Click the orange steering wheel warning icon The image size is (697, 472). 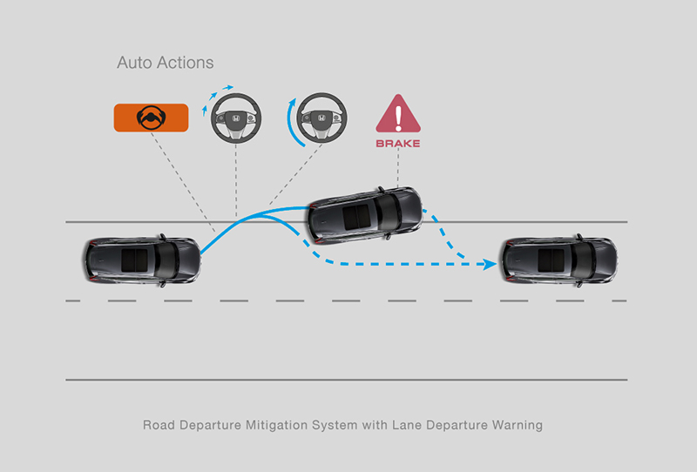(x=152, y=117)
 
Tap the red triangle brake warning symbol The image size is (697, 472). (x=397, y=115)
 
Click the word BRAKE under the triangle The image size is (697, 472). (x=397, y=143)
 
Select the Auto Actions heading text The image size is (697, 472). (x=165, y=64)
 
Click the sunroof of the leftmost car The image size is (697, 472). (x=133, y=259)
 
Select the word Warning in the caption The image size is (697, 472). (x=515, y=426)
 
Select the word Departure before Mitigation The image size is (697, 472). (x=210, y=426)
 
